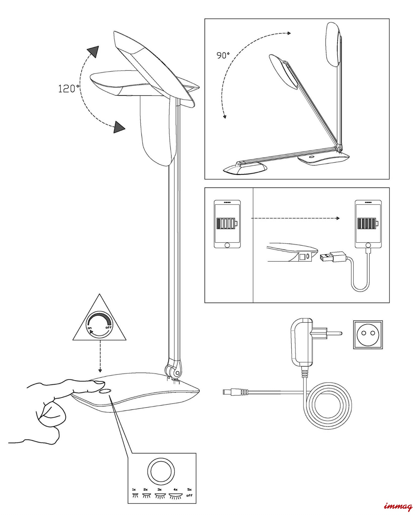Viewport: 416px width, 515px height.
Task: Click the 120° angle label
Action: pos(68,89)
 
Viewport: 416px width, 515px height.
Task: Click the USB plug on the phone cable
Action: pos(327,257)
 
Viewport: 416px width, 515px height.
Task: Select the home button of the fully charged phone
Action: pos(368,245)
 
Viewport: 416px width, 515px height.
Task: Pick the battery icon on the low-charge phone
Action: pos(227,223)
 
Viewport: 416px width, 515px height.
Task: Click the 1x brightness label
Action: pos(134,489)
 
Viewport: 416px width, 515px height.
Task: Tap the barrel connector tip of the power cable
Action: pos(225,392)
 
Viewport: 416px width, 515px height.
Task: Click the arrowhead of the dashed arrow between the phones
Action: pos(338,218)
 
